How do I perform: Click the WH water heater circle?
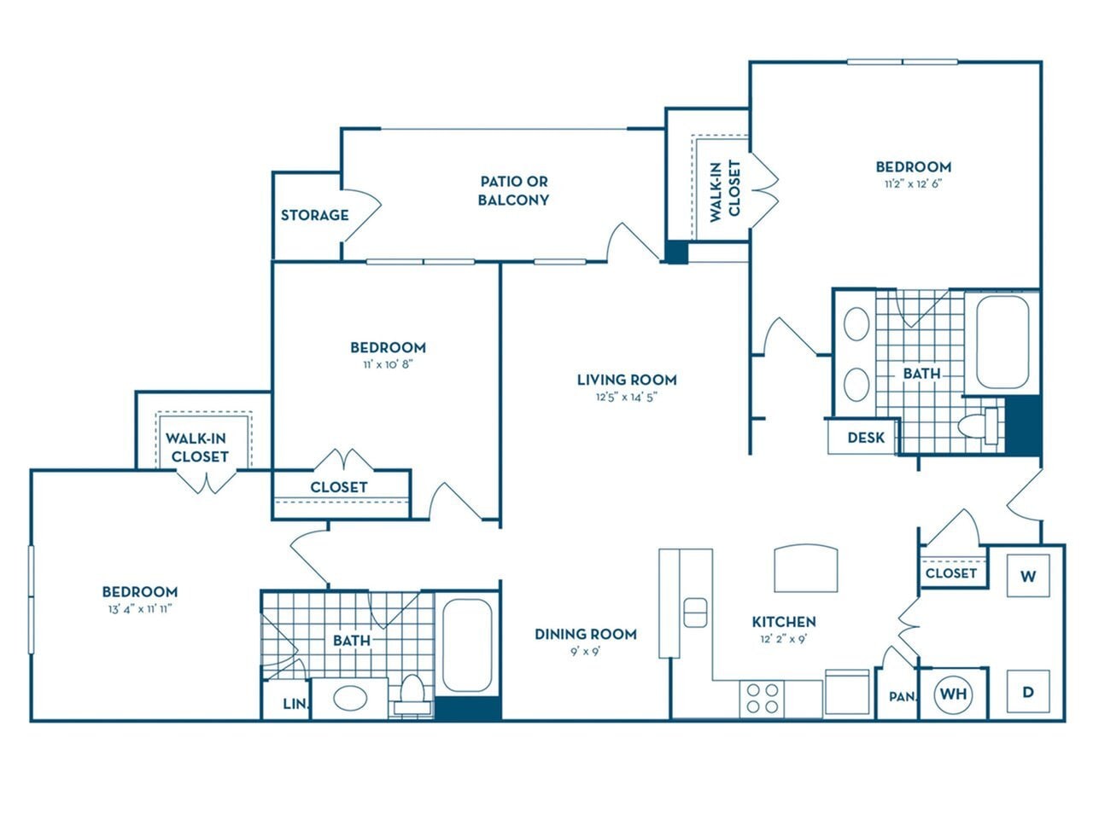[x=954, y=694]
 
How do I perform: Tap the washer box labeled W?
[x=1028, y=576]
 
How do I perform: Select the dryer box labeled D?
[x=1028, y=693]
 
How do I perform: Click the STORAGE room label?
[x=314, y=215]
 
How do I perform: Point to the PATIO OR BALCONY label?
[x=513, y=190]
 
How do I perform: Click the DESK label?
[x=865, y=438]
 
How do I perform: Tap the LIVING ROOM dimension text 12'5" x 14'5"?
[x=626, y=397]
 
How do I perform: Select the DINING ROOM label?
[x=585, y=634]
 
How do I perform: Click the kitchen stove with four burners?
[x=762, y=697]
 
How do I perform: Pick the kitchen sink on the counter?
[x=695, y=612]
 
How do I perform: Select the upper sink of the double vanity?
[x=856, y=324]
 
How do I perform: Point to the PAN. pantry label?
[x=902, y=696]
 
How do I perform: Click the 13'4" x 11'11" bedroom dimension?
[x=139, y=609]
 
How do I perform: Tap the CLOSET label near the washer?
[x=950, y=573]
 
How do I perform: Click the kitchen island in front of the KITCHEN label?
[x=805, y=568]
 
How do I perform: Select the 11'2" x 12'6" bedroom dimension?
[x=913, y=183]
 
